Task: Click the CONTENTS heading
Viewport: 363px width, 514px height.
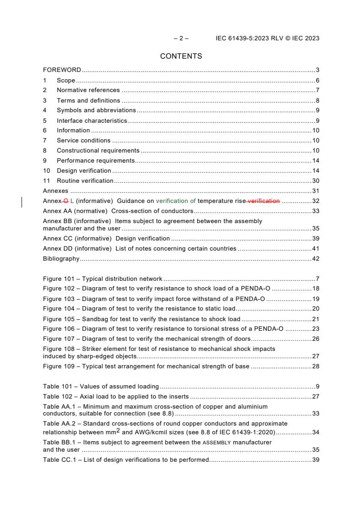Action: pos(181,56)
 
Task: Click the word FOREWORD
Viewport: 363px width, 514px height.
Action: pos(62,70)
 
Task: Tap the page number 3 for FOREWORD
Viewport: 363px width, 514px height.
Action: pos(317,70)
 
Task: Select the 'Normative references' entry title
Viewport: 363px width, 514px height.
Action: pos(88,90)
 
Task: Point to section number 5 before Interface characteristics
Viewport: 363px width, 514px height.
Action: pos(45,120)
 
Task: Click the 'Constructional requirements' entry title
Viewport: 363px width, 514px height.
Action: pos(98,150)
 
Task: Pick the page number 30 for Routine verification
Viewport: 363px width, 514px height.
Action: pos(315,180)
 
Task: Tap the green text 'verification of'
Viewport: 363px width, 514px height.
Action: pos(176,201)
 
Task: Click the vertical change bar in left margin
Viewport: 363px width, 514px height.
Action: pos(22,202)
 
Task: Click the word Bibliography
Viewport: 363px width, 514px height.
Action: pos(61,259)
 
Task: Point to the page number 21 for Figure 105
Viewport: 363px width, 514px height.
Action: pos(315,319)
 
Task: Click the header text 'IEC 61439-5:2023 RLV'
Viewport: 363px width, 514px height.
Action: pos(251,38)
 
